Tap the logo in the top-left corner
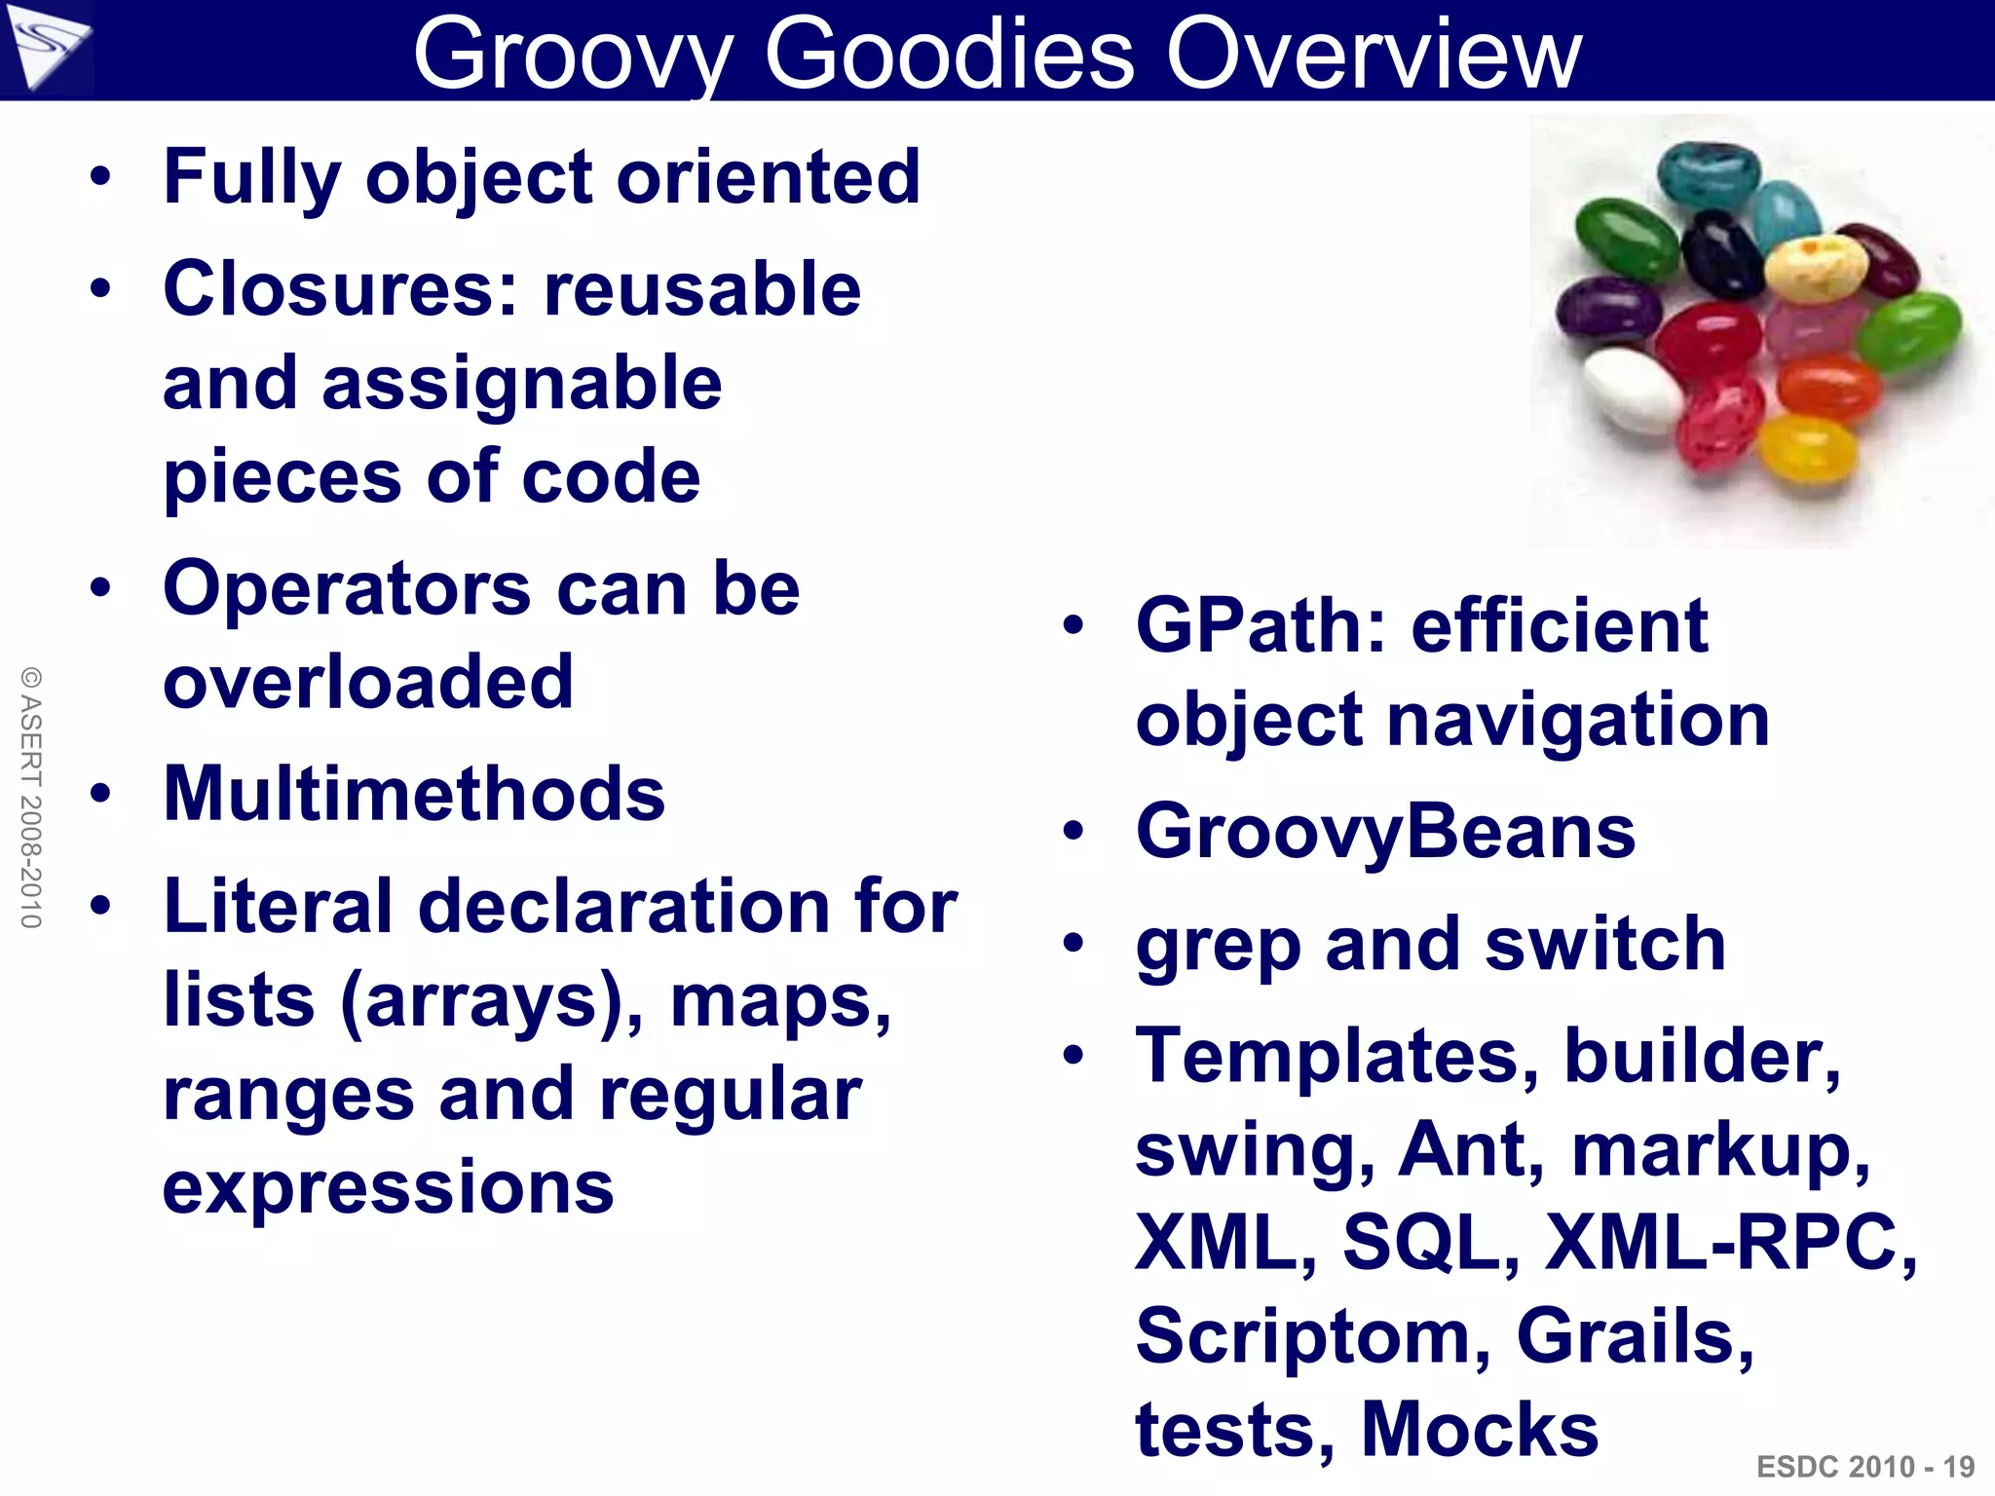click(47, 47)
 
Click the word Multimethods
click(414, 794)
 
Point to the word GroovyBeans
click(1385, 833)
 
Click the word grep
click(1218, 947)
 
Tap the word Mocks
click(1479, 1430)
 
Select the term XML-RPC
click(1730, 1244)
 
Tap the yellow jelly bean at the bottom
click(1808, 450)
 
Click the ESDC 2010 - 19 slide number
click(1864, 1467)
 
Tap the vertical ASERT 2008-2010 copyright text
click(31, 797)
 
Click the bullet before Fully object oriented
click(100, 178)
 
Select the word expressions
click(388, 1187)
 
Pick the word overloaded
click(368, 682)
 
